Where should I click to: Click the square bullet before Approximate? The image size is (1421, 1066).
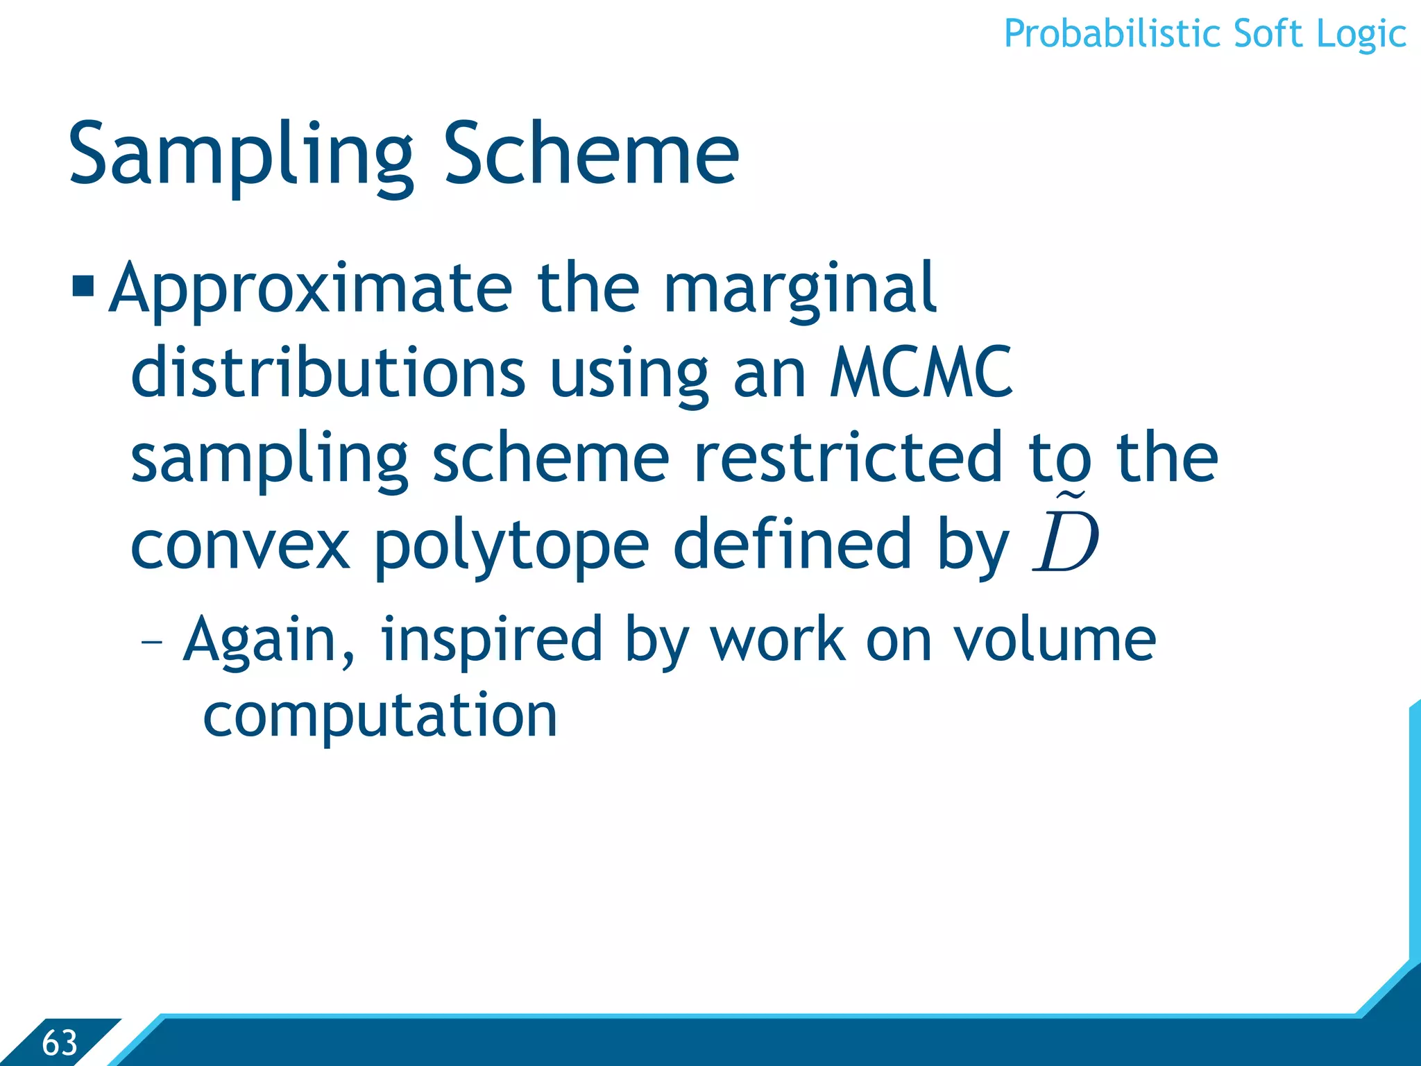[x=83, y=286]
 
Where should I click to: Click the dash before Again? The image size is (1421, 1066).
[x=151, y=642]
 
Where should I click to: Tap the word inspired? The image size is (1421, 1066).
[x=491, y=642]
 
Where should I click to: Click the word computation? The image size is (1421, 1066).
[x=380, y=717]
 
